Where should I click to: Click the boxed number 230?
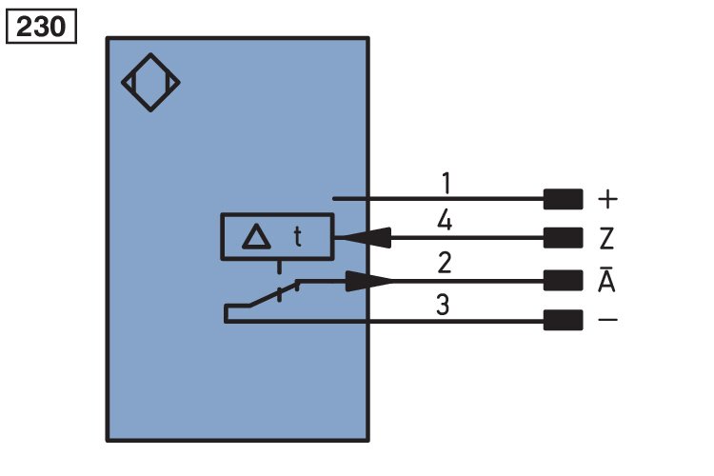41,27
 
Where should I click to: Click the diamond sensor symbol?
150,83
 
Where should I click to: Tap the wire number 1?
446,183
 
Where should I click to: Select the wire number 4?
445,222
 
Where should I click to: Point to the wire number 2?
445,263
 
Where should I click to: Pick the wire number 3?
443,305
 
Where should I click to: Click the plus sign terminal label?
607,200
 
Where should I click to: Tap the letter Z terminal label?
606,238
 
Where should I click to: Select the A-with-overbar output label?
606,279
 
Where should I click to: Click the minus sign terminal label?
607,320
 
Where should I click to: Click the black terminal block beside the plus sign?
564,199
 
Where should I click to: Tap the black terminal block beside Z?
564,238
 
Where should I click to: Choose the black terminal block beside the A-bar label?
564,280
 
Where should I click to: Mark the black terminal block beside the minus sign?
564,320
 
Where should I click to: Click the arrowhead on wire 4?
367,238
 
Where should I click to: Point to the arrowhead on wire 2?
368,281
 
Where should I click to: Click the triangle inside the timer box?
256,236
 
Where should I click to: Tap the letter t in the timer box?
297,237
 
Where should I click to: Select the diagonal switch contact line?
273,294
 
